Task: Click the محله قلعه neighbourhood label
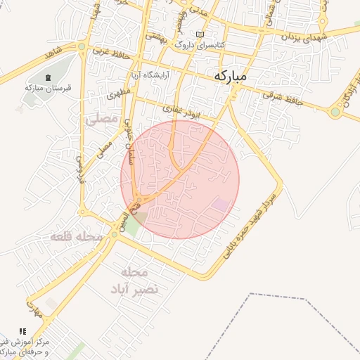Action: [76, 238]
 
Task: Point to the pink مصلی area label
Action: [102, 120]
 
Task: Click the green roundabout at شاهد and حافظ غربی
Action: [82, 47]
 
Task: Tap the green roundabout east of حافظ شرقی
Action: [335, 111]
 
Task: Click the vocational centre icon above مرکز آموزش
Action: [23, 331]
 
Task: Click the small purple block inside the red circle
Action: [221, 205]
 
